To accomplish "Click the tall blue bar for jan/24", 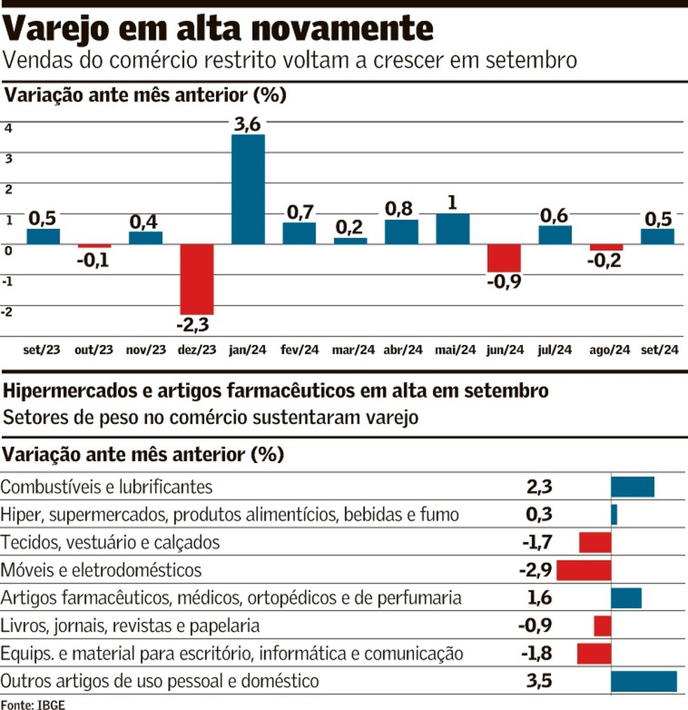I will pos(248,189).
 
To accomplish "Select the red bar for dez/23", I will pos(196,279).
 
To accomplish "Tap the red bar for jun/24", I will pos(504,258).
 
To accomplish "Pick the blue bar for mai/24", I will pos(453,229).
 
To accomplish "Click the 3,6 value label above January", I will pos(248,124).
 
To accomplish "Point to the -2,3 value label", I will pos(196,325).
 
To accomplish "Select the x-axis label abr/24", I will pos(403,350).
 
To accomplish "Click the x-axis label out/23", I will pos(94,350).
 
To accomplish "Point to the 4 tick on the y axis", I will pos(8,128).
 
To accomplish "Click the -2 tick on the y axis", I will pos(8,312).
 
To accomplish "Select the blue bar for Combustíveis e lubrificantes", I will pos(633,487).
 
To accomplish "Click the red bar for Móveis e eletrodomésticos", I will pos(584,570).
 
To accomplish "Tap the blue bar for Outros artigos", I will pos(644,681).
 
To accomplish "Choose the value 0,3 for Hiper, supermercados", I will pos(539,515).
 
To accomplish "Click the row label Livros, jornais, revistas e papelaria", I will pos(131,625).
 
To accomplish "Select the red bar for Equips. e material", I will pos(594,653).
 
